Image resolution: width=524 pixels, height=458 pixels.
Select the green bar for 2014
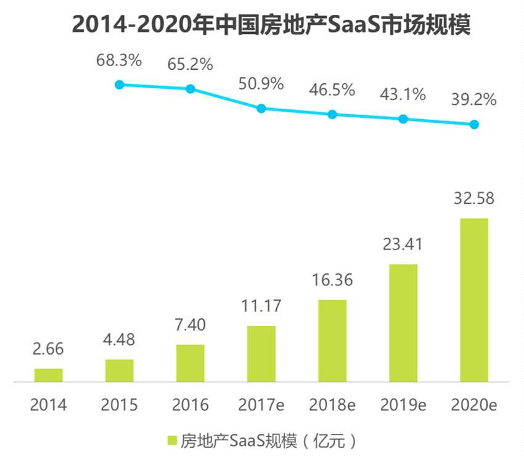pos(49,375)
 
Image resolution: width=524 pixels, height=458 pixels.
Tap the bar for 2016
pos(190,364)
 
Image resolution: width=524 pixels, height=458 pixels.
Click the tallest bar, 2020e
pos(474,300)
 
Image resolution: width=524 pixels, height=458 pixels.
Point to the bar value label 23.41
pos(403,246)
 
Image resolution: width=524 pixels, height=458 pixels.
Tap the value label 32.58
pos(474,199)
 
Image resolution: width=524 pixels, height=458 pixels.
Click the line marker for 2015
pos(120,85)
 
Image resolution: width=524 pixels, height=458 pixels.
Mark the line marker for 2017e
pos(261,108)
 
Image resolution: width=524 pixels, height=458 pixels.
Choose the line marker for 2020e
pos(474,124)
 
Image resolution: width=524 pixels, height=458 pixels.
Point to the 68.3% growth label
pos(119,60)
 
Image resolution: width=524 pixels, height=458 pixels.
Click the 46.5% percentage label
pos(332,90)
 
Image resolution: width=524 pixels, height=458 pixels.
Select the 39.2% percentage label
pos(474,100)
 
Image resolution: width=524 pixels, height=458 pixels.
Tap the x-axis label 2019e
pos(403,405)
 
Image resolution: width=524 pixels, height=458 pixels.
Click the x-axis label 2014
pos(49,405)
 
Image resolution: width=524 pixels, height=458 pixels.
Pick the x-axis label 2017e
pos(261,405)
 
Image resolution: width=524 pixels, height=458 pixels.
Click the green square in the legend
pos(172,441)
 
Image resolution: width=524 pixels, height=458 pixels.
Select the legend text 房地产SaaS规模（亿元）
pos(268,441)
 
